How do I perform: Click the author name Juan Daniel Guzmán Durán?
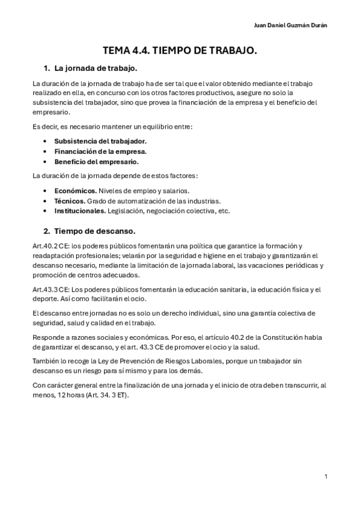coord(291,25)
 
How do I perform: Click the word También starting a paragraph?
coord(47,360)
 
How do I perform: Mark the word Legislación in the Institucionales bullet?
coord(127,211)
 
